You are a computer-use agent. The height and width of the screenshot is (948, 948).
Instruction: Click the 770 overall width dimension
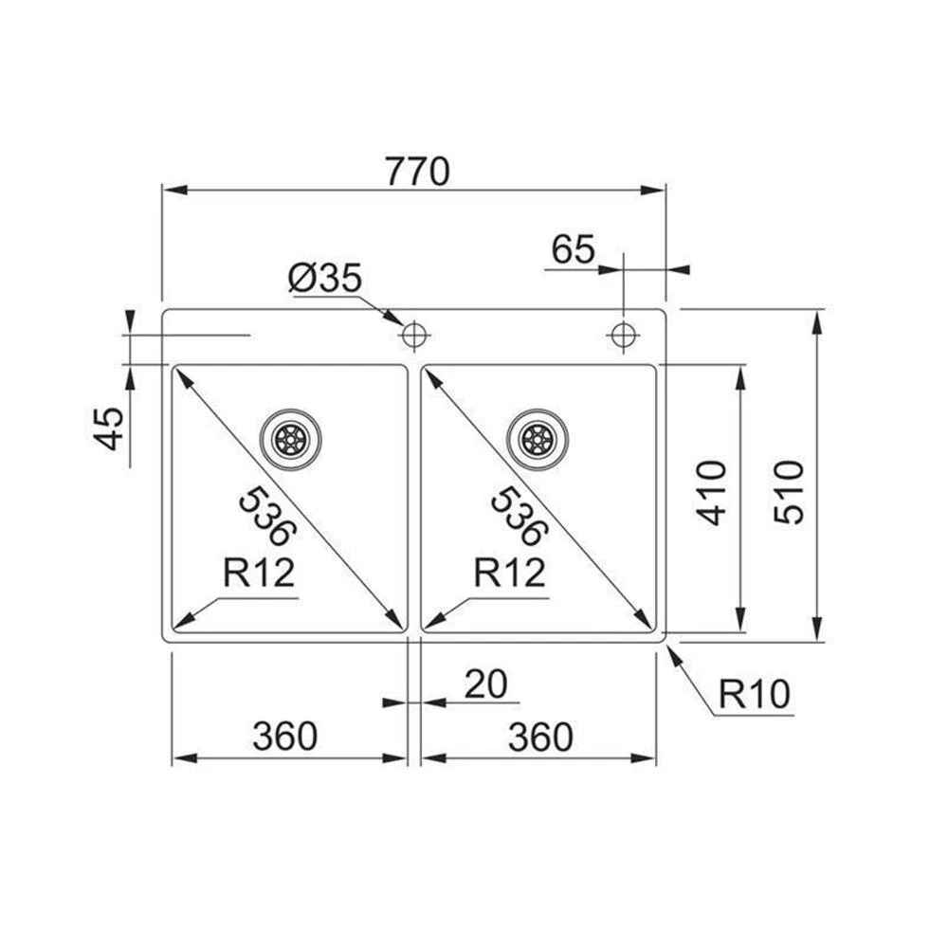pos(416,173)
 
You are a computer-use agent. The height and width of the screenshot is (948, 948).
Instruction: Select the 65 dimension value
pos(573,250)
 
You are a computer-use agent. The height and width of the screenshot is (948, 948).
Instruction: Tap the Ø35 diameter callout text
pos(324,279)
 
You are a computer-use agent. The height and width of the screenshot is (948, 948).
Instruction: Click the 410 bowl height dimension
pos(712,492)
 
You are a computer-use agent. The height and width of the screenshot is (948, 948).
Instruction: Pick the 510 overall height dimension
pos(789,492)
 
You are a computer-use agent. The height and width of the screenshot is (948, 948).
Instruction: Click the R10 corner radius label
pos(754,695)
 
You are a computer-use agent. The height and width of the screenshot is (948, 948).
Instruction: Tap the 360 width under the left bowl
pos(284,737)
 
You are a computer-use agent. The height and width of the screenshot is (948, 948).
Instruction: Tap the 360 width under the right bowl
pos(540,737)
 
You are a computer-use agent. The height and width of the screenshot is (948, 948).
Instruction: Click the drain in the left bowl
pos(291,439)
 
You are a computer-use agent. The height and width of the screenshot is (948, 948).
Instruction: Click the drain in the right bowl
pos(538,439)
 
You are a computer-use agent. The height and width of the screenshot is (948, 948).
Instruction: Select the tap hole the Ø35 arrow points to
pos(414,335)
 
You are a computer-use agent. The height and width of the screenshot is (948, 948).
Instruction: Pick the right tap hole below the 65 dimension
pos(623,335)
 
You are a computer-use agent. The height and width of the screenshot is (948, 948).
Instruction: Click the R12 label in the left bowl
pos(259,573)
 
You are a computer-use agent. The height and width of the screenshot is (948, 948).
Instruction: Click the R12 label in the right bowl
pos(510,573)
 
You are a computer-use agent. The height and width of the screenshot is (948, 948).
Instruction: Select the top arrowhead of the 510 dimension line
pos(817,319)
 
